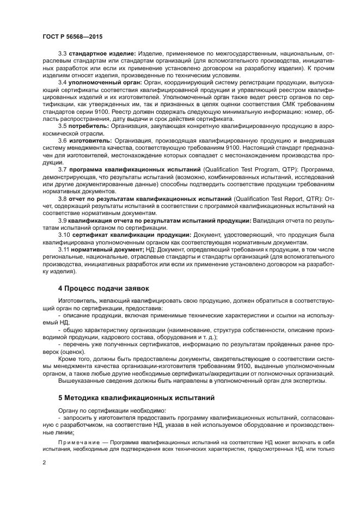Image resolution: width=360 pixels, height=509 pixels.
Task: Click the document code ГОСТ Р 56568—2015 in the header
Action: tap(72, 36)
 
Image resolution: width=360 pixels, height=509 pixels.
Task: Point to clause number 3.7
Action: tap(62, 169)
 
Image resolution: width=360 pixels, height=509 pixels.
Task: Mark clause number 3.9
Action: tap(62, 220)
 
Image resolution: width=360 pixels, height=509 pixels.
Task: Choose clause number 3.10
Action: tap(64, 234)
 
